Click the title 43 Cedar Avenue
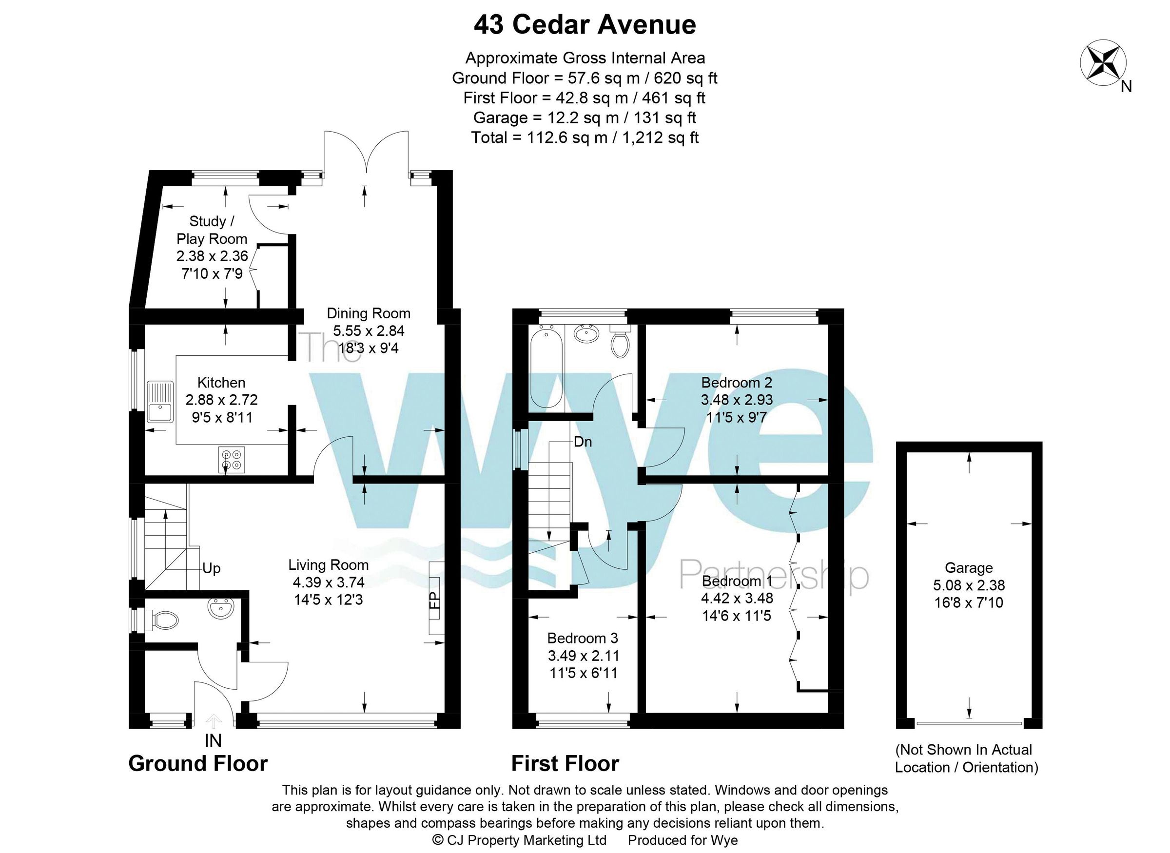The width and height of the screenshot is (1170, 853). click(585, 25)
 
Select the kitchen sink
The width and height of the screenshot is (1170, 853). click(160, 402)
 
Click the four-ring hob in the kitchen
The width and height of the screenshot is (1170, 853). click(231, 460)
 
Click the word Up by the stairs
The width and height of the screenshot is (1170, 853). click(211, 568)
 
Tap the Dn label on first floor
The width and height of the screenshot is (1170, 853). click(583, 442)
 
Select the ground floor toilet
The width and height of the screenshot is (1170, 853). click(164, 620)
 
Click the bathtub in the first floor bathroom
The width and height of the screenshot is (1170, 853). click(546, 367)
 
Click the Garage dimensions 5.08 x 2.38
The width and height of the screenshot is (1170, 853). click(969, 585)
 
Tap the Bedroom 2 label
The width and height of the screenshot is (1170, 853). click(736, 383)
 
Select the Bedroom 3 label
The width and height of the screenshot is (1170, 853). click(583, 638)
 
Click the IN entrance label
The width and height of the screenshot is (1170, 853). click(213, 741)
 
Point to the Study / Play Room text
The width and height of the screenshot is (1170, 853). click(212, 230)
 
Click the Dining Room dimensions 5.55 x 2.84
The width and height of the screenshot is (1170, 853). click(368, 330)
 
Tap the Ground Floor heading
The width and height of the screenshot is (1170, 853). click(198, 763)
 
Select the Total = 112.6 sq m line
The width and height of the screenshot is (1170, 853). click(585, 137)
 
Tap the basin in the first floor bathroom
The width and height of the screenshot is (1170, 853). click(587, 334)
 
